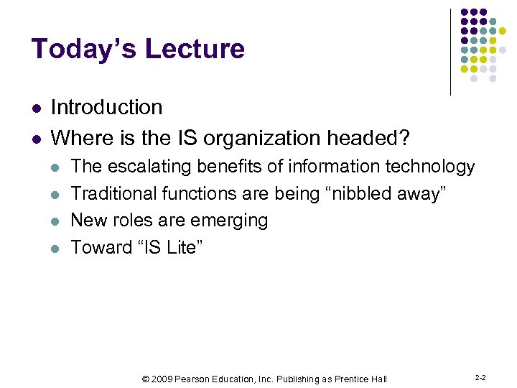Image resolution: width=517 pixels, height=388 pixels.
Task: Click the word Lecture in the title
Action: click(195, 49)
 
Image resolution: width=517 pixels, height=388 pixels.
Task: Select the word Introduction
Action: click(106, 108)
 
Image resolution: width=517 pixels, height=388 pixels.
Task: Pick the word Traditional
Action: click(114, 193)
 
